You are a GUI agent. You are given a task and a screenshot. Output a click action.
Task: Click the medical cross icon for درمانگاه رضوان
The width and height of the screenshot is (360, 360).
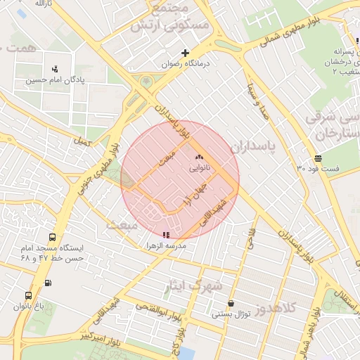click(x=186, y=53)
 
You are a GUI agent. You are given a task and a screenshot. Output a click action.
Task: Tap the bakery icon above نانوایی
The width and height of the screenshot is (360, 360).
click(x=198, y=158)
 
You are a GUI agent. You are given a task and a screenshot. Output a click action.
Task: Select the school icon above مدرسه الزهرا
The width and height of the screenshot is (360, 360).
click(x=166, y=235)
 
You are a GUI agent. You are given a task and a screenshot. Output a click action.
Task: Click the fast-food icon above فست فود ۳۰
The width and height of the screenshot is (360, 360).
click(x=318, y=158)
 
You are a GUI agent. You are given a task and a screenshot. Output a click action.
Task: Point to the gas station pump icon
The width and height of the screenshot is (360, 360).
click(x=48, y=283)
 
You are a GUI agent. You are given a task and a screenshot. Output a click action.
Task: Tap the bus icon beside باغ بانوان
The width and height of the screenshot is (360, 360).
click(x=28, y=296)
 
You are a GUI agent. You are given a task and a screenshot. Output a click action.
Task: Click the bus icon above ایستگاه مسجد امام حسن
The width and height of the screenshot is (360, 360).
click(x=53, y=238)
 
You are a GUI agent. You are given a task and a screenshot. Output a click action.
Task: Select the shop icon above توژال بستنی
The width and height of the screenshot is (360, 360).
click(x=231, y=304)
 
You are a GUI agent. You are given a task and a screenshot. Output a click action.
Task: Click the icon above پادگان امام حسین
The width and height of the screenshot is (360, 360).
click(x=55, y=69)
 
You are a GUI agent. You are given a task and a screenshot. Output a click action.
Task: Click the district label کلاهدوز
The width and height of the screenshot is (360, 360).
click(x=278, y=309)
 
